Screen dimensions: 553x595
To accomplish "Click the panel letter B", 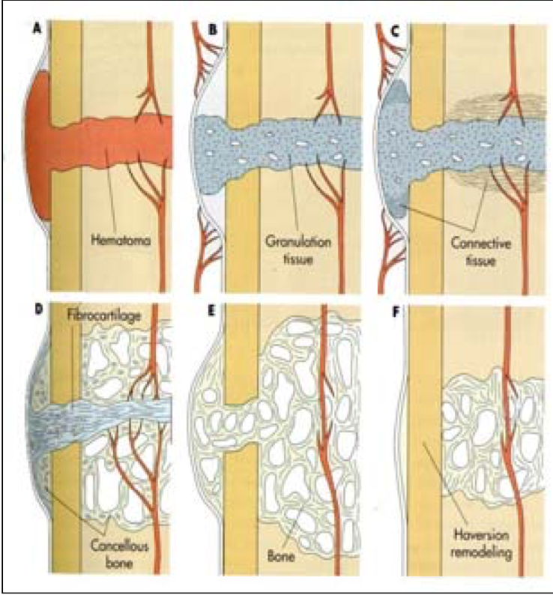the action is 212,31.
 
